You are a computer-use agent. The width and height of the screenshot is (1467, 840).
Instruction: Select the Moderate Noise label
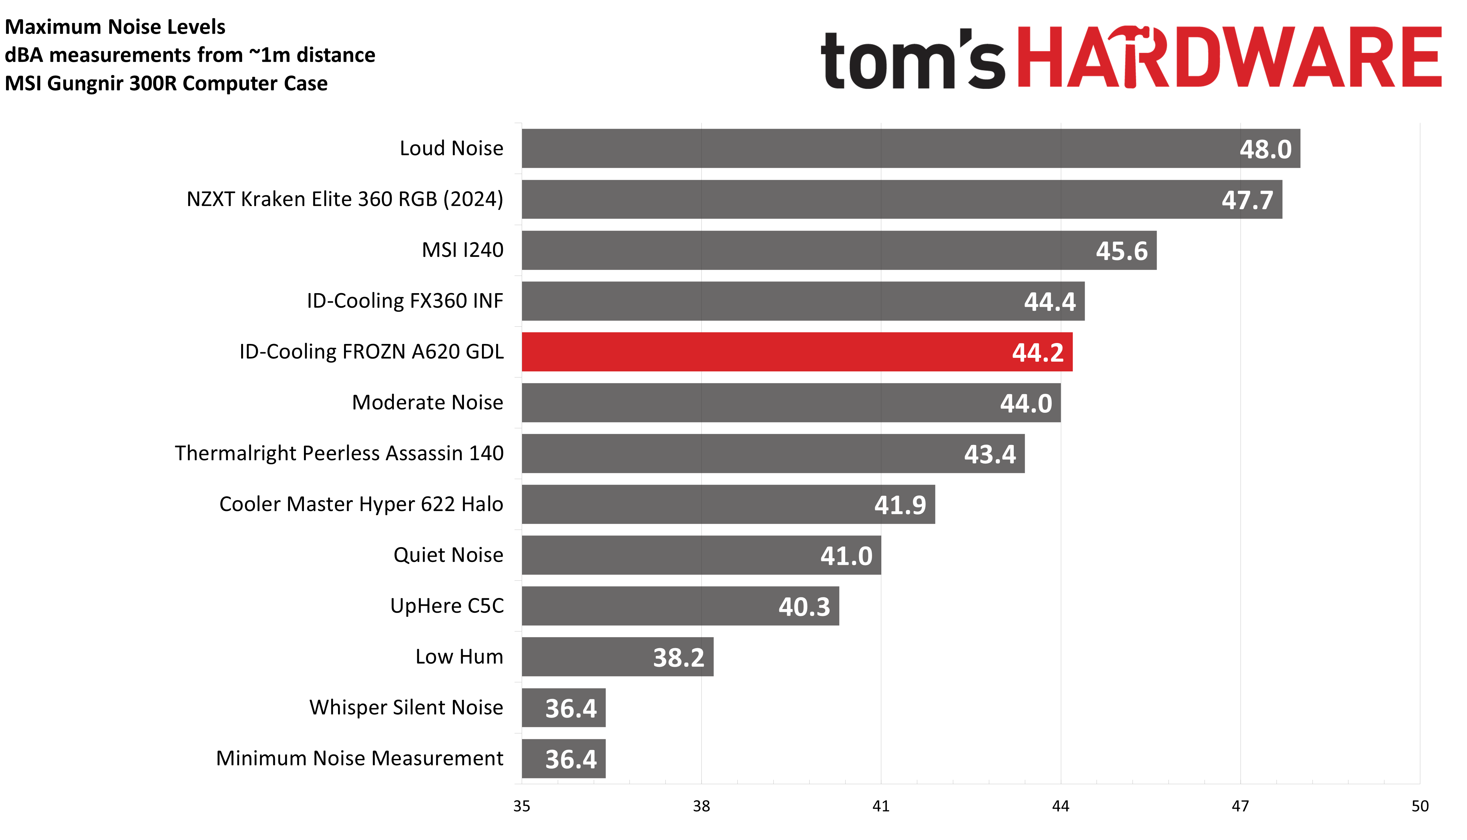coord(427,402)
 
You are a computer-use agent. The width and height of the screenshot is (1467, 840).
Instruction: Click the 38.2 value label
coord(678,657)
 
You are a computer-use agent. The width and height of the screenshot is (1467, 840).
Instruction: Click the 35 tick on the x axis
coord(521,806)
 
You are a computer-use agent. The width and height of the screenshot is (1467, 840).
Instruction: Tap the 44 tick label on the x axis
coord(1060,806)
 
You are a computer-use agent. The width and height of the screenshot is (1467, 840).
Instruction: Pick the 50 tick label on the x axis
coord(1420,806)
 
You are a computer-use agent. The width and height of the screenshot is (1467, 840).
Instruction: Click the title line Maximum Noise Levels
coord(115,27)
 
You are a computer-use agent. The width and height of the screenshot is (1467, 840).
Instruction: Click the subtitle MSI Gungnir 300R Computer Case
coord(166,83)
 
